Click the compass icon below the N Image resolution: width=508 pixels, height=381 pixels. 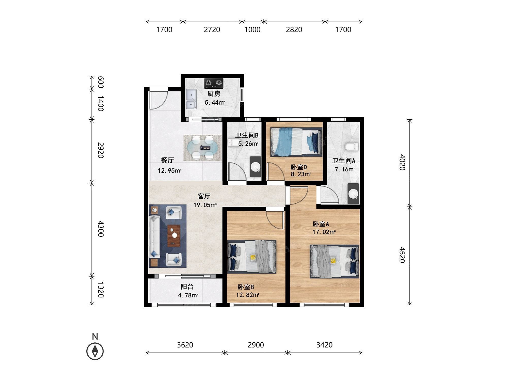(95, 351)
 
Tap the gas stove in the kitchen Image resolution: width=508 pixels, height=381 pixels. (214, 83)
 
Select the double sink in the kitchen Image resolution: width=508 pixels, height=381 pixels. (191, 99)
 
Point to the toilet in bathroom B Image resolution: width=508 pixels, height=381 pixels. (232, 142)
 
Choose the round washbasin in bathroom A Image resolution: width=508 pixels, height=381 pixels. (353, 194)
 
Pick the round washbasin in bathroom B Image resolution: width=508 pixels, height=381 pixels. (256, 167)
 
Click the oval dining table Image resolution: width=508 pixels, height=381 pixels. (202, 148)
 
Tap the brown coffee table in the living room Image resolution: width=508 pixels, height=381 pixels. (174, 236)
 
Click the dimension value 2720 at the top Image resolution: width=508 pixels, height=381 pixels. (212, 30)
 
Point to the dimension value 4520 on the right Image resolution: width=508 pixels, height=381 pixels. (402, 255)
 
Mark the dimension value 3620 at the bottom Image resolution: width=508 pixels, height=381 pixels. (185, 345)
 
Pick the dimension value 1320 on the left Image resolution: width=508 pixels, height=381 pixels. (101, 290)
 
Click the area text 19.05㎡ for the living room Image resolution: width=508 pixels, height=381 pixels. (205, 205)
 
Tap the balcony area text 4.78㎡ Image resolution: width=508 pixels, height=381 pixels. (188, 295)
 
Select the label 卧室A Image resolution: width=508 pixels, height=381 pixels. (321, 224)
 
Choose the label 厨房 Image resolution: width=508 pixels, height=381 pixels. (214, 94)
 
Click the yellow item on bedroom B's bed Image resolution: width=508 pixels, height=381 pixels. (253, 258)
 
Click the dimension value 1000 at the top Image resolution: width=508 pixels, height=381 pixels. (252, 30)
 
